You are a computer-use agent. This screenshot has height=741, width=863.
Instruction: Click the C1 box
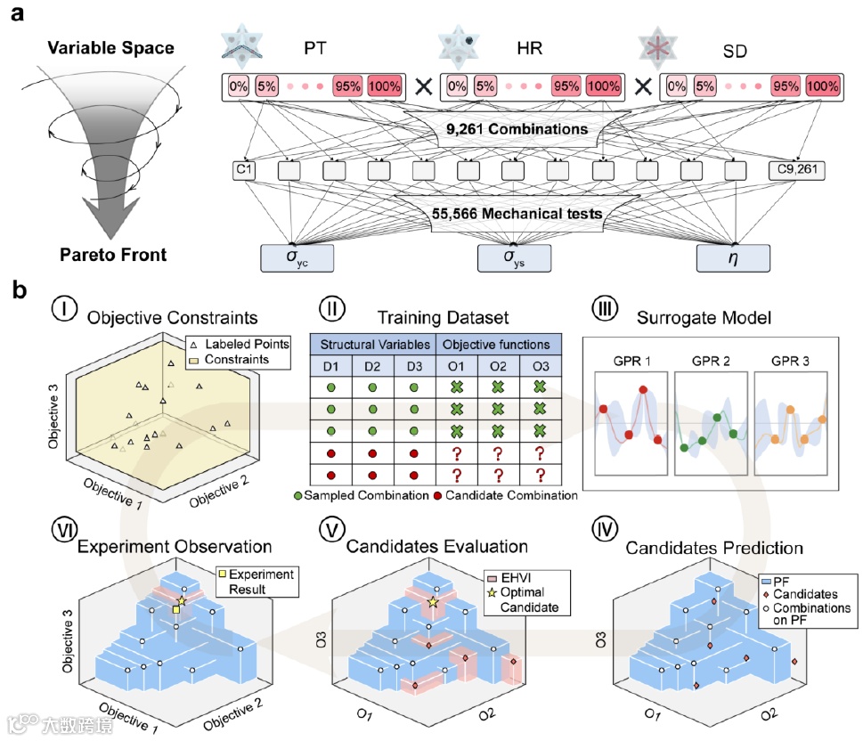click(x=244, y=169)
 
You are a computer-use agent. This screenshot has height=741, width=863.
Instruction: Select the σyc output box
click(x=297, y=256)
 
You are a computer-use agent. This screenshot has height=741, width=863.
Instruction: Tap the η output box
click(x=733, y=256)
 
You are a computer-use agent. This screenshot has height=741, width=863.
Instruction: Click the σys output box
click(x=515, y=256)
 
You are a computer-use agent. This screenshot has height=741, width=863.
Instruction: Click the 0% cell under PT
click(x=238, y=87)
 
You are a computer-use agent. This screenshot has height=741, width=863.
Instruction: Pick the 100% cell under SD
click(x=823, y=87)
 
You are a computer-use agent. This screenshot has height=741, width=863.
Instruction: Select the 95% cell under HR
click(x=565, y=87)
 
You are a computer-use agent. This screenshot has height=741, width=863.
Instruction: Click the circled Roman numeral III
click(x=603, y=312)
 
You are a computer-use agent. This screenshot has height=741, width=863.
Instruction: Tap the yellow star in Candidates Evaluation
click(x=434, y=603)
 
